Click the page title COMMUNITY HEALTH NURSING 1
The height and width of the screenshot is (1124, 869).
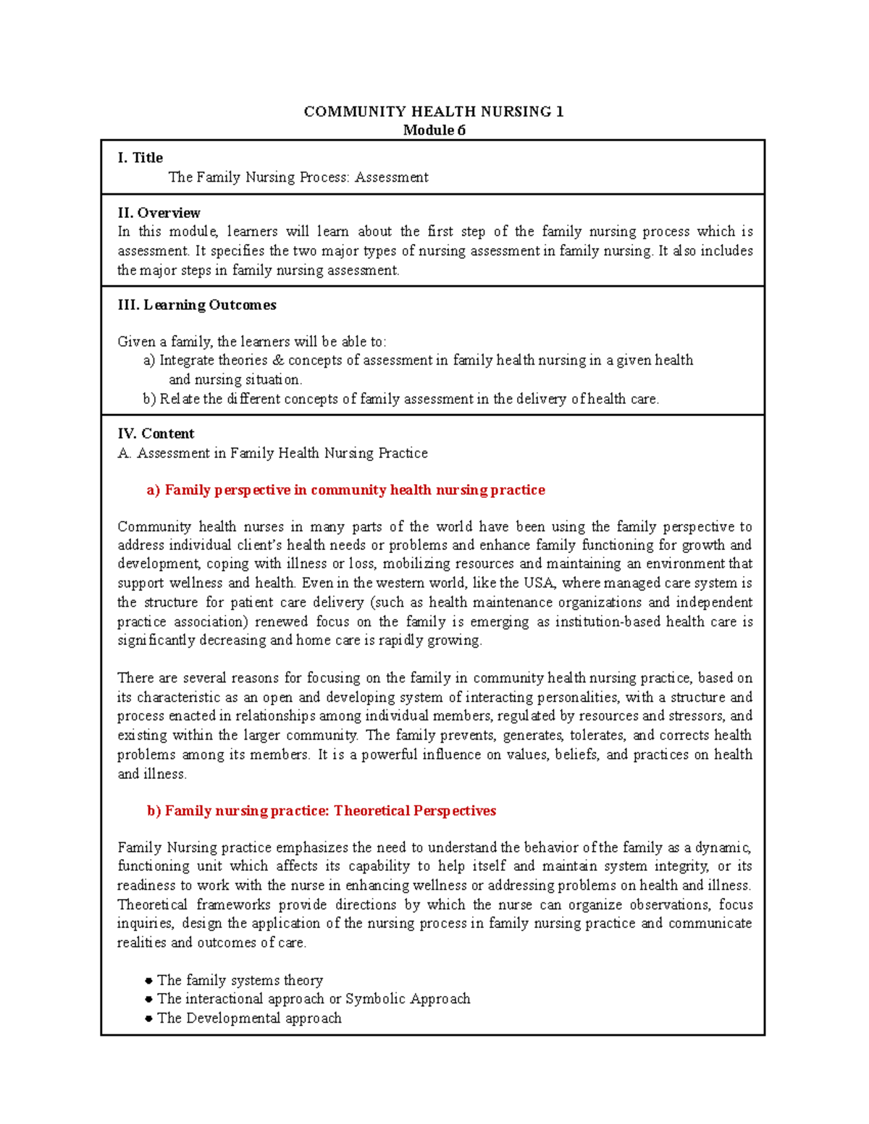tap(433, 111)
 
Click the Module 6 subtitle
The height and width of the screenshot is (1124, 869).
tap(434, 130)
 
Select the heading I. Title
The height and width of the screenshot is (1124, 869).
tap(140, 158)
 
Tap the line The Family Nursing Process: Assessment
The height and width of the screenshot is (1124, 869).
tap(298, 177)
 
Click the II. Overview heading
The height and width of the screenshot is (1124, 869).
tap(159, 213)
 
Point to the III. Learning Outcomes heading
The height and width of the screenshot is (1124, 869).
tap(196, 305)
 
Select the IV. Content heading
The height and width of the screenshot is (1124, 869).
tap(156, 434)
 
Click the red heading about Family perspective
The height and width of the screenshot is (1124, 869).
tap(345, 490)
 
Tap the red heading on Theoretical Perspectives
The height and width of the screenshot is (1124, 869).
tap(321, 811)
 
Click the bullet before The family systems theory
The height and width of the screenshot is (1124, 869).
tap(148, 981)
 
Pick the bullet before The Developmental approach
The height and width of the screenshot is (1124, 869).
tap(148, 1018)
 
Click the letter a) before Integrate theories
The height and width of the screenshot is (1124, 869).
tap(149, 360)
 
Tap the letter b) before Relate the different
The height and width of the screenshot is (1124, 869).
tap(149, 399)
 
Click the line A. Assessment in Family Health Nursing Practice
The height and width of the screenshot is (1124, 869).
tap(272, 453)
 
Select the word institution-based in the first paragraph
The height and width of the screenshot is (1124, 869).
tap(608, 622)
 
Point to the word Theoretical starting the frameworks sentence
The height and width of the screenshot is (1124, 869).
tap(152, 905)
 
